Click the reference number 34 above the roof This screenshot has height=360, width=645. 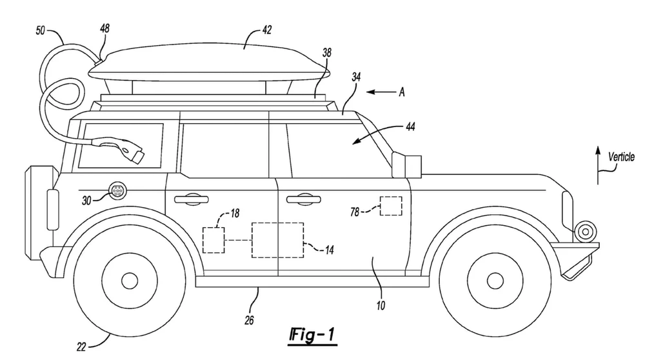point(355,77)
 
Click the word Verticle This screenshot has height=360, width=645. point(621,156)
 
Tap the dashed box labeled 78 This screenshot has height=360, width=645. point(391,206)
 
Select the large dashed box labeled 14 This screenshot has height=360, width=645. point(277,239)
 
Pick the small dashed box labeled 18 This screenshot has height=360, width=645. point(213,239)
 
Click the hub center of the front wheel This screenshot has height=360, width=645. point(495,281)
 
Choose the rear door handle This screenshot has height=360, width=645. point(188,199)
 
